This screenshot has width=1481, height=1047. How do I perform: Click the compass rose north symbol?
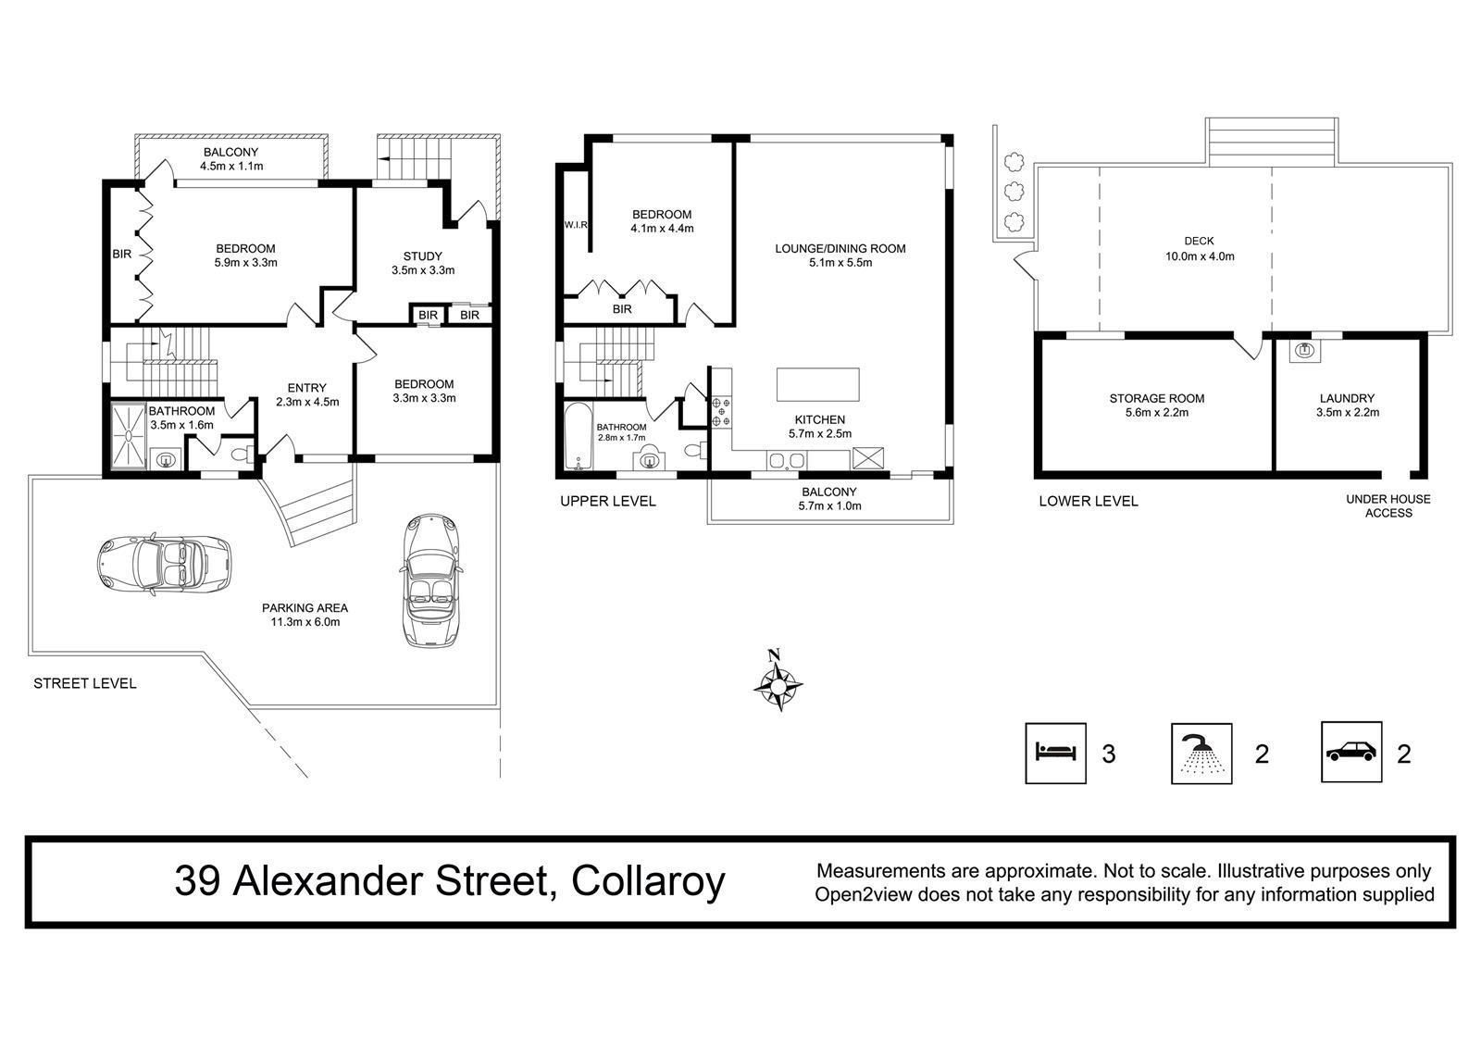tap(778, 682)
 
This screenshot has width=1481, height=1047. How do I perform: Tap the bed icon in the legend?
tap(1056, 752)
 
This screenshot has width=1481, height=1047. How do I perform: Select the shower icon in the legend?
tap(1201, 754)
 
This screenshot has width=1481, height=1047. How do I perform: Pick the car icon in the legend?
tap(1351, 752)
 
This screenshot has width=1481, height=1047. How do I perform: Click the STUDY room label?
tap(422, 256)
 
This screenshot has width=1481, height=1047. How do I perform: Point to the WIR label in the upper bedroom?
tap(576, 225)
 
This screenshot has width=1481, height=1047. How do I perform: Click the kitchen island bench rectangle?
tap(818, 384)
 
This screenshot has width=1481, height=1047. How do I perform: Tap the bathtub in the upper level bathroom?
tap(579, 436)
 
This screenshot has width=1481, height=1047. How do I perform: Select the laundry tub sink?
tap(1304, 351)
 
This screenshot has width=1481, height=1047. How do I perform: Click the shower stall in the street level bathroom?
tap(128, 435)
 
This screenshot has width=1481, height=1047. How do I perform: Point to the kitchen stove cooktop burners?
tap(721, 411)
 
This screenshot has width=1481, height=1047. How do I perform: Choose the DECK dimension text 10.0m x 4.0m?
tap(1200, 256)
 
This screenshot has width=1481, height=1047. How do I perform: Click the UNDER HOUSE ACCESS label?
tap(1388, 506)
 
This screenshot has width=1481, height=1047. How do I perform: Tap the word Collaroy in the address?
tap(648, 881)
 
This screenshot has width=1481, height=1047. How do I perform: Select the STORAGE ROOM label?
tap(1156, 398)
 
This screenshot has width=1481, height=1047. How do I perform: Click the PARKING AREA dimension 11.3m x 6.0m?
tap(305, 622)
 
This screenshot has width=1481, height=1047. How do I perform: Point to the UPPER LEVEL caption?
tap(607, 502)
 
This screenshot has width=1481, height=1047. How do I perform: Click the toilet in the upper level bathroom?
tap(694, 451)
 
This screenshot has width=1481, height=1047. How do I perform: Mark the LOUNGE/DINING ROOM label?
tap(840, 249)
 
